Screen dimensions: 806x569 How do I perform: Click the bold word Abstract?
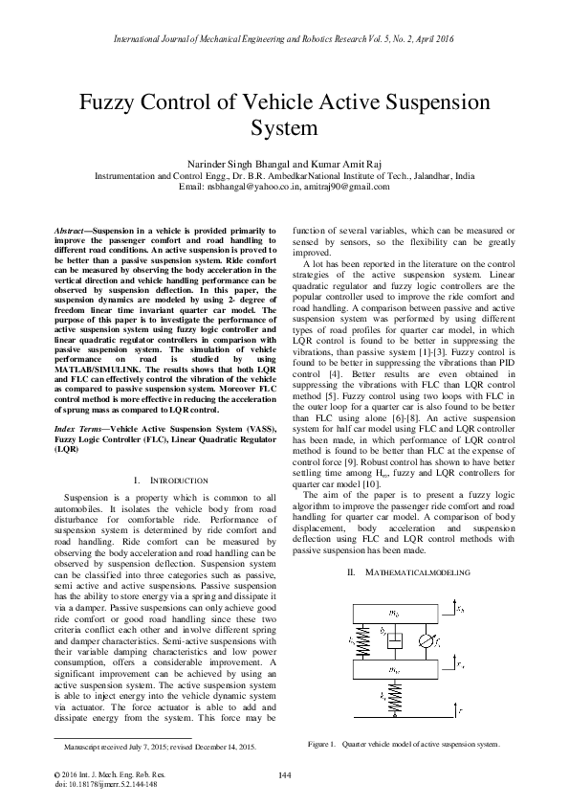(x=69, y=232)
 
